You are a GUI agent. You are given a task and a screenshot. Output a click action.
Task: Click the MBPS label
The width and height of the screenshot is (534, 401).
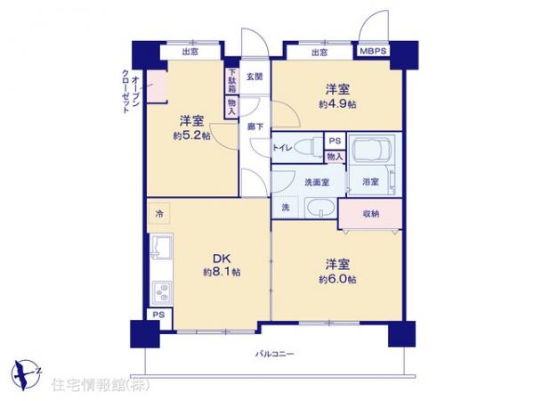pos(372,53)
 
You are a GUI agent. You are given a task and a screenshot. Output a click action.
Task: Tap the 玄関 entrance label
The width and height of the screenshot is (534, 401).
pos(255,78)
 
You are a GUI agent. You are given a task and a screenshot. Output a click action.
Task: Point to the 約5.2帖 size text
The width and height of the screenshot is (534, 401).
pos(192,135)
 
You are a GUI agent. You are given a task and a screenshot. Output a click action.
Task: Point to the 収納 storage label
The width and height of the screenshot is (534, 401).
pos(371,214)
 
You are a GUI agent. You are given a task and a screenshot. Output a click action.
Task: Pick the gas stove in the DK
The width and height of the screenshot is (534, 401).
pos(161,291)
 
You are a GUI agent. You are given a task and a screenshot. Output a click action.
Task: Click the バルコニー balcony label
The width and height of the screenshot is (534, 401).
pos(275,355)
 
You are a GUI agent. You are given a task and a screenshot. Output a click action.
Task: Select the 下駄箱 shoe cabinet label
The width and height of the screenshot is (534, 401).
pos(231,81)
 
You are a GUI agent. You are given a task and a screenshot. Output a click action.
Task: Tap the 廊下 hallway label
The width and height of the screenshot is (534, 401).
pos(255,127)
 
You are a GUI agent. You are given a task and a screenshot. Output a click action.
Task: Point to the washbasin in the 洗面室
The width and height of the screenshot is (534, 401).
pos(320,209)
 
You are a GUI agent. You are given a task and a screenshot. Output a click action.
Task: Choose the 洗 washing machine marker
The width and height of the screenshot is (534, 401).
pos(286,208)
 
